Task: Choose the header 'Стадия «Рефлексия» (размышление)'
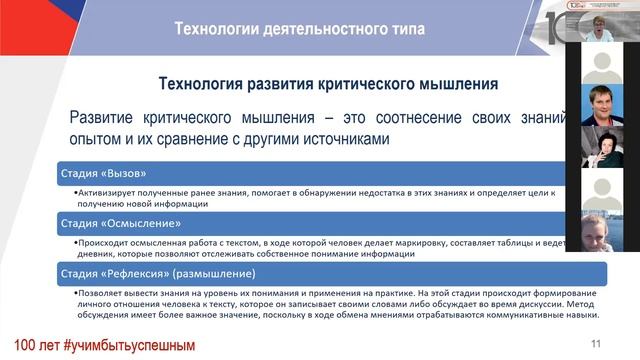156,273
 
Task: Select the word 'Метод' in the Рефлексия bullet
550,306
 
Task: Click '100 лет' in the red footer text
33,345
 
